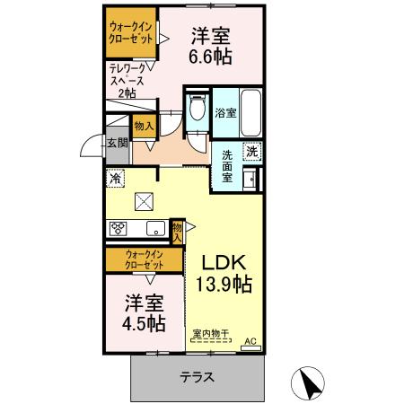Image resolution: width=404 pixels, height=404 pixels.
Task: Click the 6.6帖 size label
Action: (x=210, y=57)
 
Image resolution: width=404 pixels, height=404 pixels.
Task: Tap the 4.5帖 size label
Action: (x=144, y=321)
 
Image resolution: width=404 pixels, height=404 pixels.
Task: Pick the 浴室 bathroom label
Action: (x=225, y=113)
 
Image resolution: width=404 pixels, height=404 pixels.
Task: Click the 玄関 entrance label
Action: (x=117, y=142)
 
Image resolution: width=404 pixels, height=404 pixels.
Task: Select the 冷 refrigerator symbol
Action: (x=116, y=179)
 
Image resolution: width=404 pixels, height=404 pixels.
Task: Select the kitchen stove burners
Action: (x=118, y=228)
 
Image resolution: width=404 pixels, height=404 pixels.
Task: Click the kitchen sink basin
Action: (x=154, y=227)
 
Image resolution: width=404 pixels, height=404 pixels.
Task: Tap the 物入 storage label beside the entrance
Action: (x=143, y=127)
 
